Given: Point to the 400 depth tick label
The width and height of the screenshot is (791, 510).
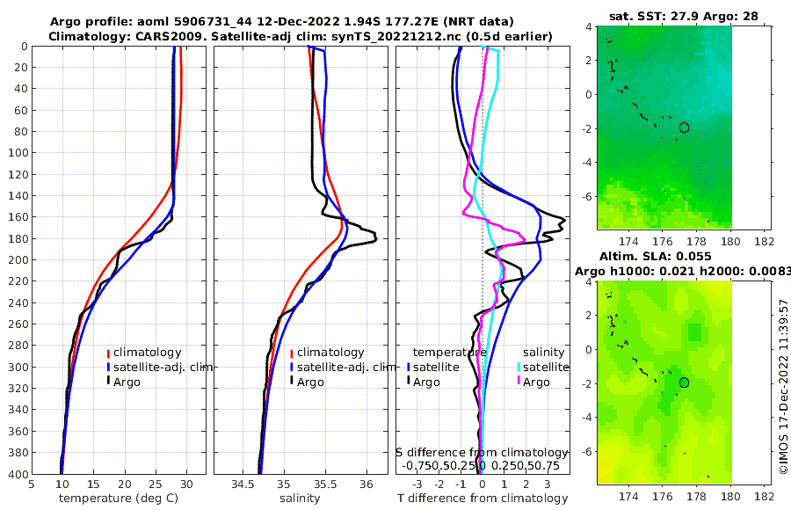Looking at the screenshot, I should point(17,474).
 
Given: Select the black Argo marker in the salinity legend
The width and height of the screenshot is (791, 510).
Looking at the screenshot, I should point(291,382).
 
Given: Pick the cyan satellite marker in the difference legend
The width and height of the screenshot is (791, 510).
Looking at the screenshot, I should point(519,367).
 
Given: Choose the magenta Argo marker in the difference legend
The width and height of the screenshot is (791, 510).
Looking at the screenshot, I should point(519,382).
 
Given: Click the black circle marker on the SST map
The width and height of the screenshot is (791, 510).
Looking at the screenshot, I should point(684,127).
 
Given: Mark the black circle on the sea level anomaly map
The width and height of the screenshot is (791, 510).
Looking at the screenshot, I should point(684,382).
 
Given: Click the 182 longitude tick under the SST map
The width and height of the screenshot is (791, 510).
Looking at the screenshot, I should point(765,241).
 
